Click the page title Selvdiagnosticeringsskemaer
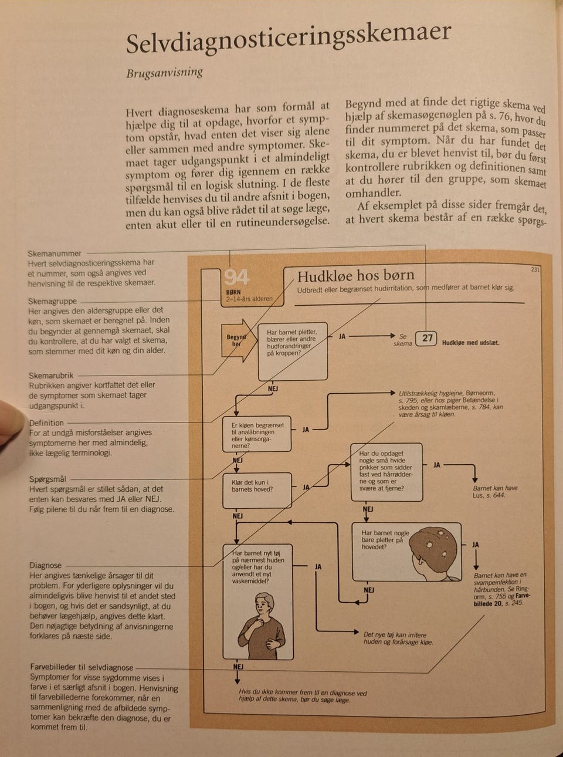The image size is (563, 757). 289,39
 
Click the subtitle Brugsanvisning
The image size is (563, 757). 165,73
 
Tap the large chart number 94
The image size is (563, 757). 236,277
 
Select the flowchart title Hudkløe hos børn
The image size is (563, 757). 355,275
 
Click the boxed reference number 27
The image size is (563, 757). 428,338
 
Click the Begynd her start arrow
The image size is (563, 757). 238,341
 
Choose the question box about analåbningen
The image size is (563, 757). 257,435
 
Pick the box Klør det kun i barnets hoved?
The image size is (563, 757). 257,489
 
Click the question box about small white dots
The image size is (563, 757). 386,471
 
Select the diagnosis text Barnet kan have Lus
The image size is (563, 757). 495,492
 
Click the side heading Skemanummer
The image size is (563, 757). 55,254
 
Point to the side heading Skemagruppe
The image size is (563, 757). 53,301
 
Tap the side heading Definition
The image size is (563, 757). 46,423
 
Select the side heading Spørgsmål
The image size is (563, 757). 48,479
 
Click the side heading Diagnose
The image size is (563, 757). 45,565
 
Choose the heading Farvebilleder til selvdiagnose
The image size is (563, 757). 82,667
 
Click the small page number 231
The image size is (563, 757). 535,270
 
